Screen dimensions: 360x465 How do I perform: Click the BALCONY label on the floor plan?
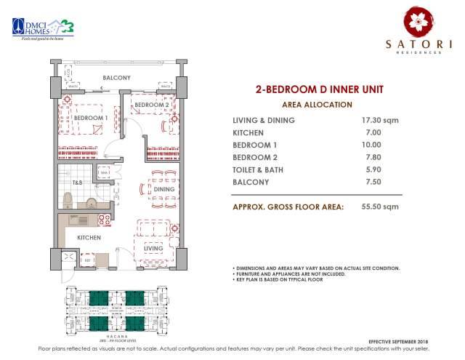pos(116,78)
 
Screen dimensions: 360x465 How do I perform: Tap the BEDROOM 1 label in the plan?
pos(91,118)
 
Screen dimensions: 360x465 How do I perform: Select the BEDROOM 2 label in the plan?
pos(151,105)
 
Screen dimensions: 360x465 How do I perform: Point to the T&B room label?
pos(76,182)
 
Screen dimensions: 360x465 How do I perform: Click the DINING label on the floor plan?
pos(164,189)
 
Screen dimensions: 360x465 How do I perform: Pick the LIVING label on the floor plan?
pos(153,248)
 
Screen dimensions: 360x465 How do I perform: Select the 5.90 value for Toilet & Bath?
pos(371,169)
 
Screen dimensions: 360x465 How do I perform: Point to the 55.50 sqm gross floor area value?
pos(380,207)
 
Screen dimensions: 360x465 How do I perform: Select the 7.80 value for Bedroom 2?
pos(371,157)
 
